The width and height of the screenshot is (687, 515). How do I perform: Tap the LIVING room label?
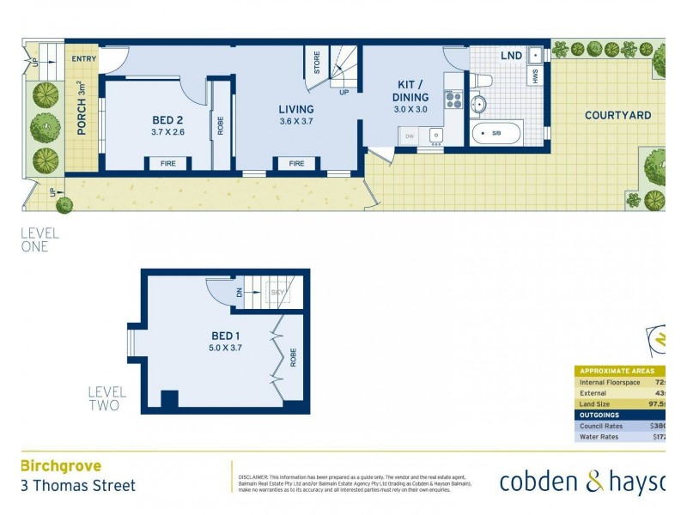tap(295, 109)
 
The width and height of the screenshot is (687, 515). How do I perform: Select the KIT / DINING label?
tap(410, 91)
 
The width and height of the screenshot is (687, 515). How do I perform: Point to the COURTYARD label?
tap(617, 115)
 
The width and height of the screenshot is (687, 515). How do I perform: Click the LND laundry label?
tap(511, 55)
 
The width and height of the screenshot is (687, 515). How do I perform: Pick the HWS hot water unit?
tap(535, 75)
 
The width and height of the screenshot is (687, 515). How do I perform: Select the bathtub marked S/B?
tap(495, 134)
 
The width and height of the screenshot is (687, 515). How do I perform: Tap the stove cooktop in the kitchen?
tap(453, 100)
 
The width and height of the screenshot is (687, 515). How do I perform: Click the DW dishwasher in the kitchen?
tap(409, 136)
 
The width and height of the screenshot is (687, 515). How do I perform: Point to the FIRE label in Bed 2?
tap(167, 163)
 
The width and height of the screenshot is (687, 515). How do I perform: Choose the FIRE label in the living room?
tap(296, 163)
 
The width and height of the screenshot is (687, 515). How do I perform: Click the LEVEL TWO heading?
tap(106, 398)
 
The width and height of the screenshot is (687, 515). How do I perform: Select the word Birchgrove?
tap(60, 466)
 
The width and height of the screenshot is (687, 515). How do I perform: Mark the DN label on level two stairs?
tap(239, 293)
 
